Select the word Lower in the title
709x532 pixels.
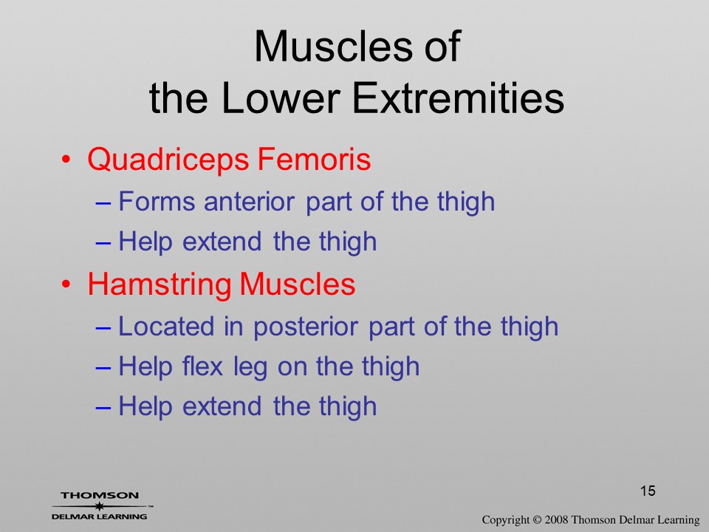[x=281, y=98]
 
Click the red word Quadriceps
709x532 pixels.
[x=168, y=160]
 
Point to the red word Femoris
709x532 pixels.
[x=314, y=159]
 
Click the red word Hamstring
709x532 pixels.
[x=160, y=285]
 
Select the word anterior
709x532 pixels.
[x=249, y=201]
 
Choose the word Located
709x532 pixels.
[x=166, y=326]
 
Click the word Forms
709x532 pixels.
[x=157, y=201]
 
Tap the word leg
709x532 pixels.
[x=250, y=368]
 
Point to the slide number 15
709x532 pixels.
[x=648, y=491]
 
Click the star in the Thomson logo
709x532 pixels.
[x=99, y=506]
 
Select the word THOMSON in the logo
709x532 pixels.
[x=100, y=495]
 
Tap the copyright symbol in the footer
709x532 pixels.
[x=537, y=519]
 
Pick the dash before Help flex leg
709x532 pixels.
[x=103, y=368]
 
